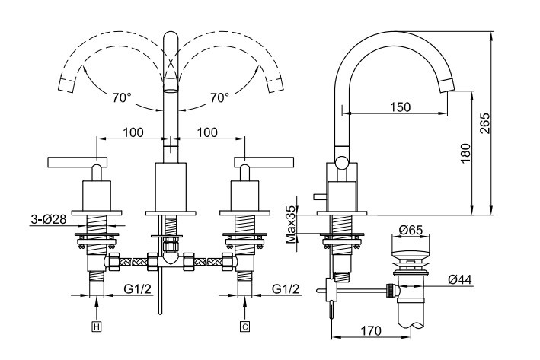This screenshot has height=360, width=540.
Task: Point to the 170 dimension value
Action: click(370, 331)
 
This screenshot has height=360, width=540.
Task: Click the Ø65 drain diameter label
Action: click(411, 229)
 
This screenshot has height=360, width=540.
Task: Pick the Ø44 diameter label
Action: click(459, 280)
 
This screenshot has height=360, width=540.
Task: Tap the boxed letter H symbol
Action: click(96, 327)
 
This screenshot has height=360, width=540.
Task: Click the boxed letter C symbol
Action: click(244, 327)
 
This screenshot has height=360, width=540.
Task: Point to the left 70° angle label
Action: click(121, 97)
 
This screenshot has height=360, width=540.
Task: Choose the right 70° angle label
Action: click(219, 97)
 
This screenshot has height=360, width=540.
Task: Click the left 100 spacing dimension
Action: click(133, 132)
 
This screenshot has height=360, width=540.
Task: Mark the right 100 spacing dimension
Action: click(207, 132)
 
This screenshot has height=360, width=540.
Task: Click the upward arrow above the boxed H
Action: click(96, 308)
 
